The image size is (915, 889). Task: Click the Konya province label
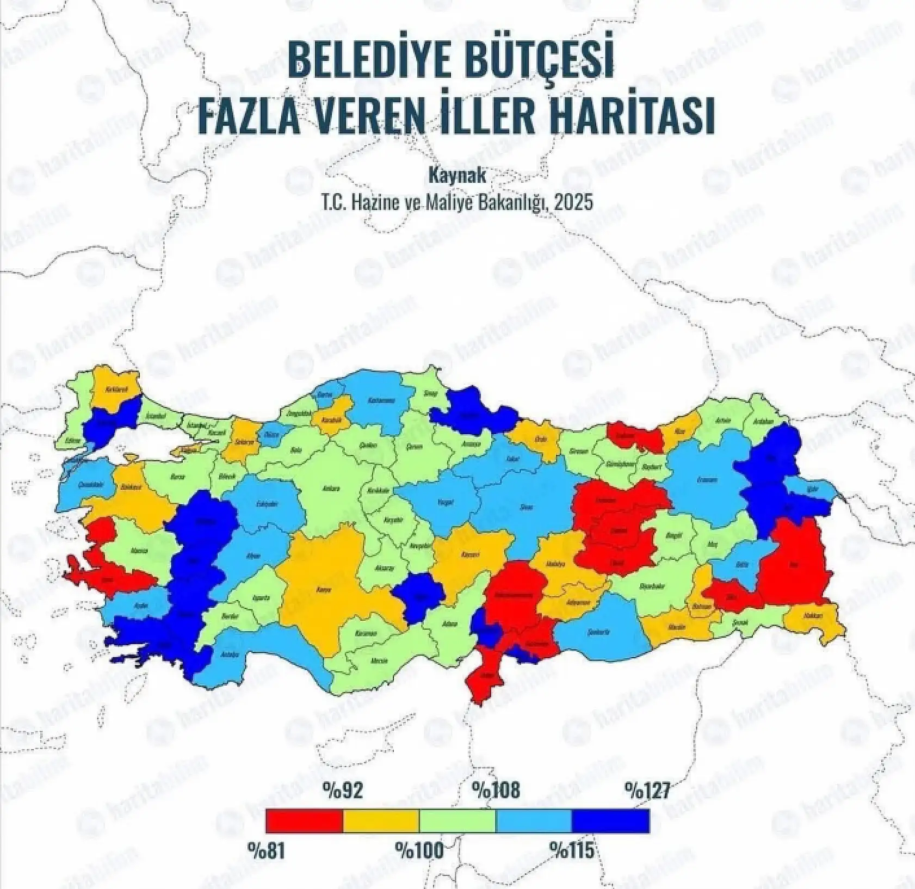point(324,589)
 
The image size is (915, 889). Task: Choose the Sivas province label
point(527,507)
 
